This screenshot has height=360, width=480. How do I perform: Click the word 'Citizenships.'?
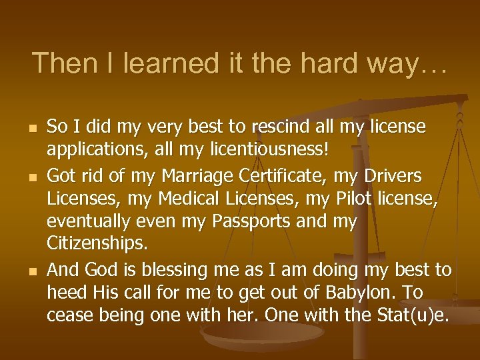point(97,243)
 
